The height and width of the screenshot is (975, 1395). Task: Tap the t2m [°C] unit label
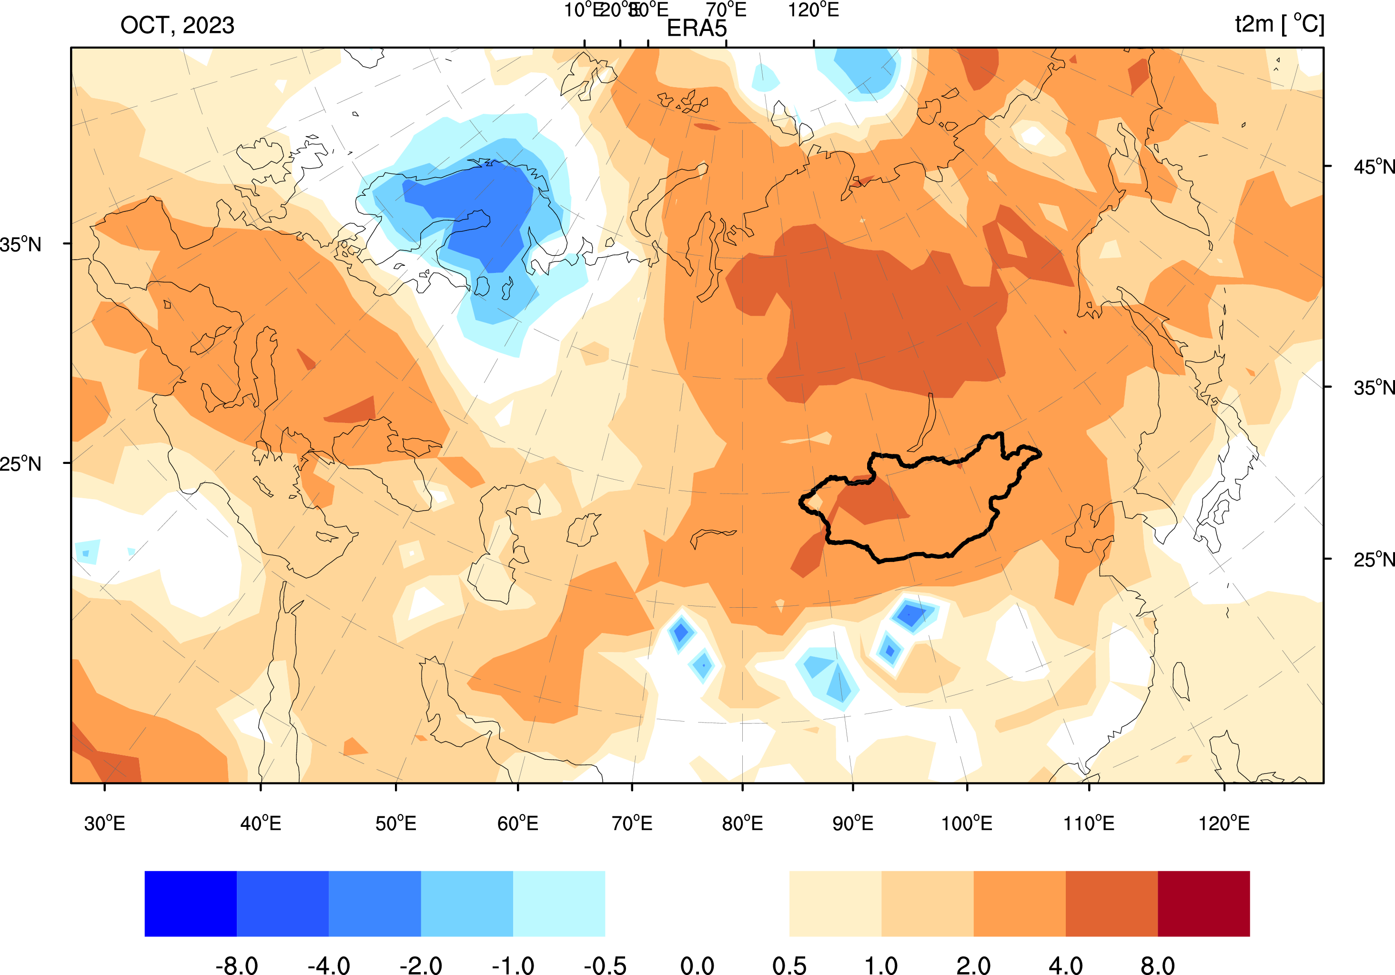1279,24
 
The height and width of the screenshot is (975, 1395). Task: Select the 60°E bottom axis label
518,824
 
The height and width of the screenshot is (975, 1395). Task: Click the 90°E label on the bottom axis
852,824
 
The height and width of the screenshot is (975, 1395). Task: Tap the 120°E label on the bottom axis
1223,824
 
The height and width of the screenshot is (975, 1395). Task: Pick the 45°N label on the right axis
1373,166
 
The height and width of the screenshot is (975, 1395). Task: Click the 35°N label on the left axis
20,245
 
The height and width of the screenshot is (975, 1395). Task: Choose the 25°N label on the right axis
1373,559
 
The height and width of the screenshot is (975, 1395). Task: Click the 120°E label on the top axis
814,10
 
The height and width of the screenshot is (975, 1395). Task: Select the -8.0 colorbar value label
236,965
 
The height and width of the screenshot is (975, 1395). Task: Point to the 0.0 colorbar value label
697,965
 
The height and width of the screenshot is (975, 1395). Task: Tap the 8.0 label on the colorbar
1157,965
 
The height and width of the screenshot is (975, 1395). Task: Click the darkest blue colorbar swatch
190,904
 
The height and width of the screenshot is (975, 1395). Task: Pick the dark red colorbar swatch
1203,904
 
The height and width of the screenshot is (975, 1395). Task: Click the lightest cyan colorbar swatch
559,904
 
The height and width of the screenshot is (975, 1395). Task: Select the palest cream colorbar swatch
835,904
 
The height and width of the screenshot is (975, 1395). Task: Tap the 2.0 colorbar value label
973,965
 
